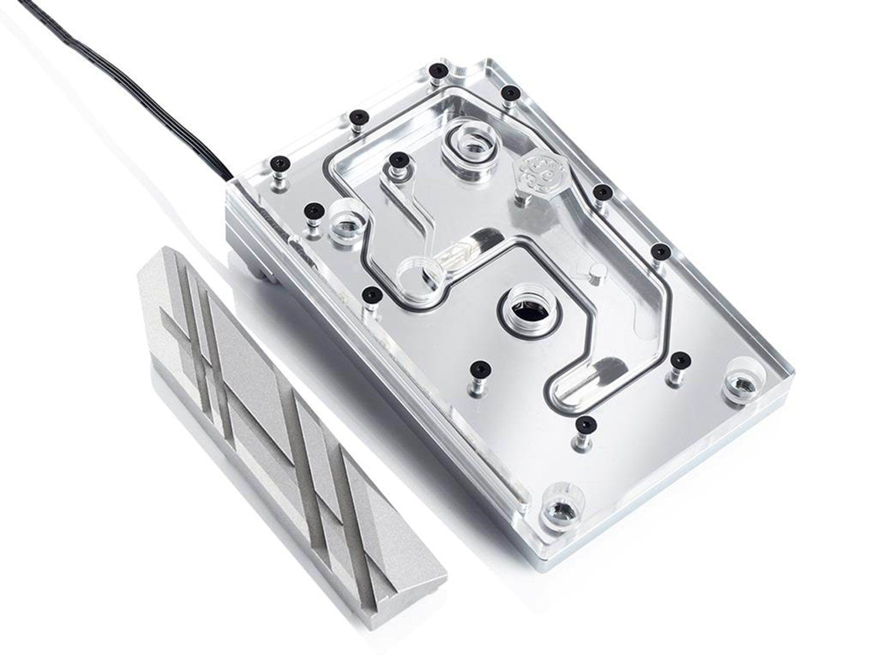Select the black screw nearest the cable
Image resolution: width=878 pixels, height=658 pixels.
pyautogui.click(x=280, y=163)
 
